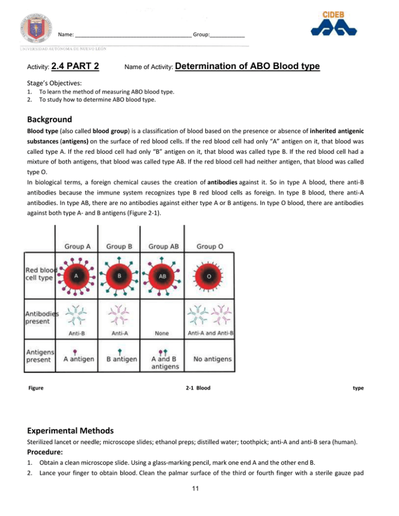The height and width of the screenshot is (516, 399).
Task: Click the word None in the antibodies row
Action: [x=163, y=335]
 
